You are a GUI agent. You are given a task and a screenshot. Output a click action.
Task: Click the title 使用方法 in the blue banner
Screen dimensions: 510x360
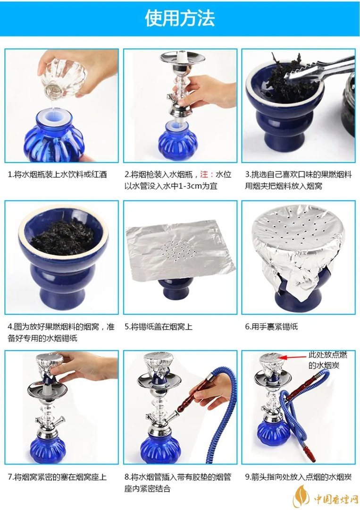pyautogui.click(x=180, y=18)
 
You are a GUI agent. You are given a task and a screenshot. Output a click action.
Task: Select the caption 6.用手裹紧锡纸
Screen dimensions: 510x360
pyautogui.click(x=271, y=326)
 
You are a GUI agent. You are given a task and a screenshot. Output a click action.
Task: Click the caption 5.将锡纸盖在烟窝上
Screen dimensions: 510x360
pyautogui.click(x=159, y=326)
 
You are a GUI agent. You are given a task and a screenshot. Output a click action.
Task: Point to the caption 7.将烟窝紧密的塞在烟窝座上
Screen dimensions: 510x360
pyautogui.click(x=57, y=477)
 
